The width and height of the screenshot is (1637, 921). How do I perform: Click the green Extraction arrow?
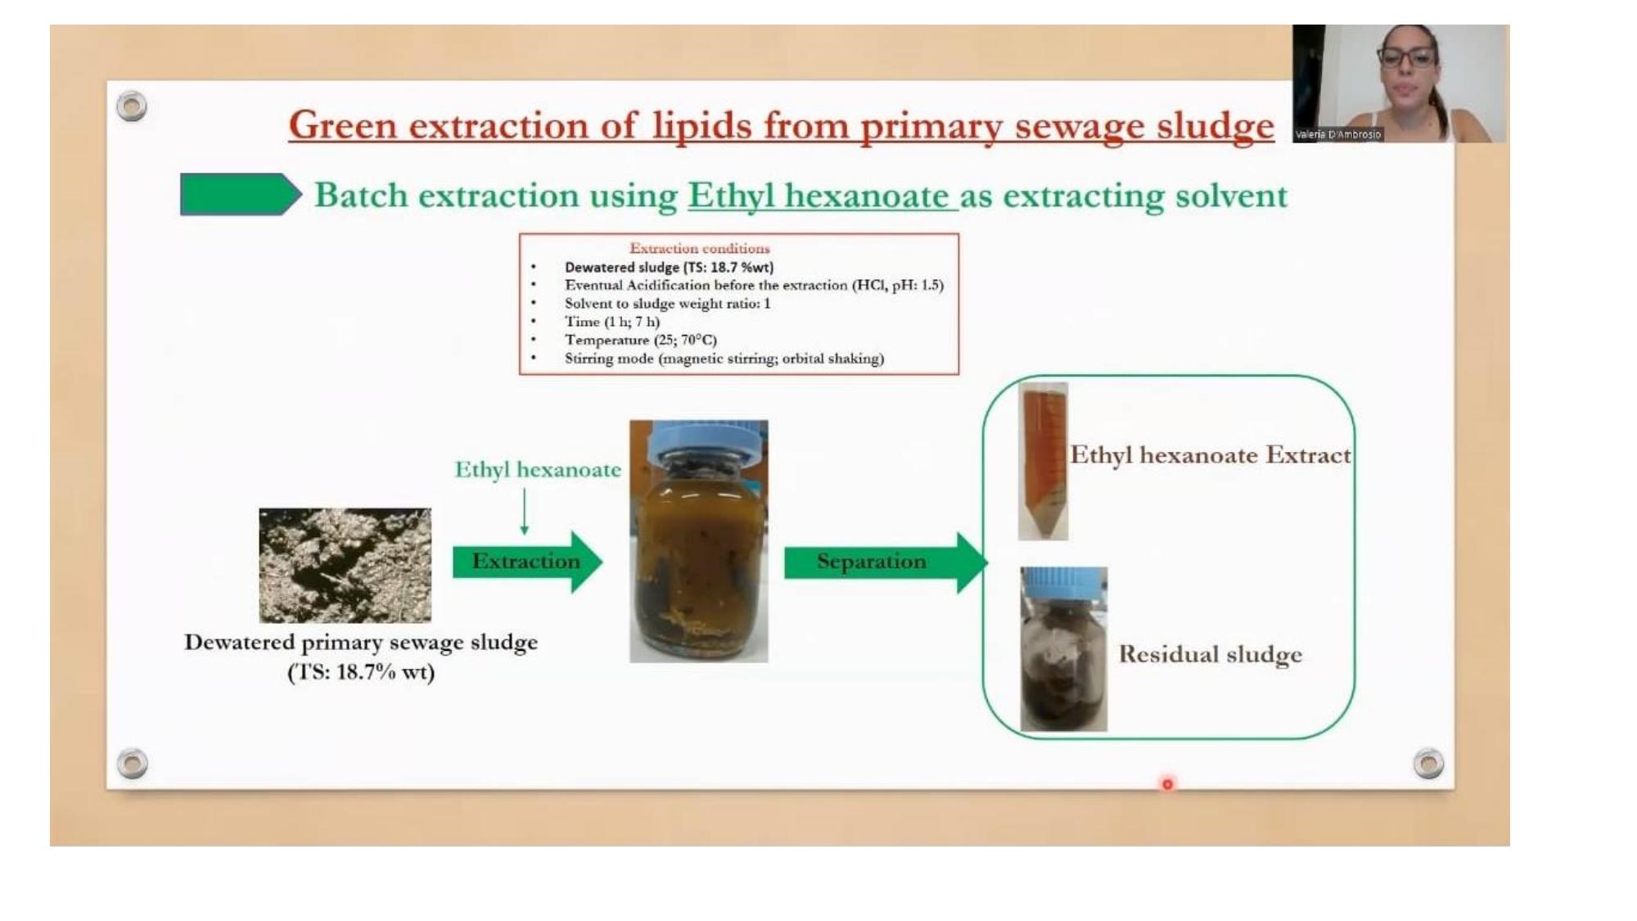click(527, 562)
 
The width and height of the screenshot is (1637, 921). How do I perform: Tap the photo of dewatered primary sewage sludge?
click(345, 565)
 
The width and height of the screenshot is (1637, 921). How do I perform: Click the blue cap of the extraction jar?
click(700, 442)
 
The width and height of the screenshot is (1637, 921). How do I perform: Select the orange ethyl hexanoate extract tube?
click(1043, 461)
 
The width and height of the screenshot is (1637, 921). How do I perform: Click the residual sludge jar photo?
click(1063, 648)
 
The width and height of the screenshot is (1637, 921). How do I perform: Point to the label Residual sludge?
click(1210, 655)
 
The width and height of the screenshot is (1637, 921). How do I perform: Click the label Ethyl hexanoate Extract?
click(1211, 455)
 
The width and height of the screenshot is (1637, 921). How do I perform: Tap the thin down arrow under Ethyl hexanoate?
click(524, 512)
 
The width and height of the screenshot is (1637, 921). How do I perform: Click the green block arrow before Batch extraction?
click(241, 194)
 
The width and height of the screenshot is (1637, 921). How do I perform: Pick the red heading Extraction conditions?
click(700, 248)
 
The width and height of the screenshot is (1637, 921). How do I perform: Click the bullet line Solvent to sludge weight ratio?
click(667, 304)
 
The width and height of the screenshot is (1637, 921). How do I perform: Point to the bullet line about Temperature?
click(641, 340)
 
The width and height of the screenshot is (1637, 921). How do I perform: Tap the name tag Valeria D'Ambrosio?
click(1338, 134)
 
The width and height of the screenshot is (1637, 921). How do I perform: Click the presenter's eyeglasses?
click(1407, 57)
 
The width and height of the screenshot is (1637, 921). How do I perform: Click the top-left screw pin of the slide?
click(132, 106)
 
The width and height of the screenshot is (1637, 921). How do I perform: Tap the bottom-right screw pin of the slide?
click(1428, 763)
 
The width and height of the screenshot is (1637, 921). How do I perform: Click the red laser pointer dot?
click(1167, 784)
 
